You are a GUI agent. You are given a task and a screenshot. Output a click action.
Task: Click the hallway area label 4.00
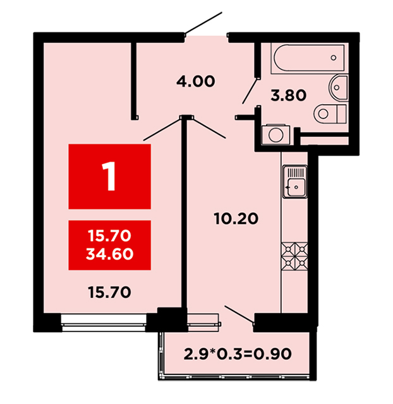pyautogui.click(x=195, y=81)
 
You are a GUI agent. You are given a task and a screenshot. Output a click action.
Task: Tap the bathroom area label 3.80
pyautogui.click(x=288, y=95)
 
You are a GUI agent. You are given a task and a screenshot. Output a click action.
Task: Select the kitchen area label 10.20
pyautogui.click(x=236, y=219)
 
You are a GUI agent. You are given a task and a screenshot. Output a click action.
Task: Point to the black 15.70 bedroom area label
pyautogui.click(x=109, y=292)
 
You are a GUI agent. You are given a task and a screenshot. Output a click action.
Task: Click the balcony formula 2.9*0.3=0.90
pyautogui.click(x=238, y=353)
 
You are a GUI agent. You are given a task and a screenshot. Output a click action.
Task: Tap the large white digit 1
pyautogui.click(x=109, y=176)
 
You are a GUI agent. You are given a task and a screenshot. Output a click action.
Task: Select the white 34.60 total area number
pyautogui.click(x=109, y=254)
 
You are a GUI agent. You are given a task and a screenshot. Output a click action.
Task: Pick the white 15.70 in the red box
pyautogui.click(x=109, y=235)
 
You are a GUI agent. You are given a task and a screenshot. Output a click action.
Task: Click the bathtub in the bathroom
pyautogui.click(x=309, y=58)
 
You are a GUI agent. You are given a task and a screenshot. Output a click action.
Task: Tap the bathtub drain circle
pyautogui.click(x=334, y=57)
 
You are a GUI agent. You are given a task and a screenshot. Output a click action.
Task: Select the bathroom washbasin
pyautogui.click(x=339, y=87)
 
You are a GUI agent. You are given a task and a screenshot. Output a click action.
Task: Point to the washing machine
pyautogui.click(x=275, y=134)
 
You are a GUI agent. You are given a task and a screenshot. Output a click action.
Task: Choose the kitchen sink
pyautogui.click(x=295, y=182)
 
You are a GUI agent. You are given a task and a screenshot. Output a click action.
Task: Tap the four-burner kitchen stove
pyautogui.click(x=294, y=256)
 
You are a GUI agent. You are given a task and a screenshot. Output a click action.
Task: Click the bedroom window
pyautogui.click(x=104, y=323)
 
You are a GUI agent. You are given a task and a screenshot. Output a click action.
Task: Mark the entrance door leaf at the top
pyautogui.click(x=203, y=23)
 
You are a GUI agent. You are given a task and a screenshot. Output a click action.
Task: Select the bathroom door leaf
pyautogui.click(x=250, y=91)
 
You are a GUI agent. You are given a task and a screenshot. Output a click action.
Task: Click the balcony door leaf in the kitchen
pyautogui.click(x=239, y=314)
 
